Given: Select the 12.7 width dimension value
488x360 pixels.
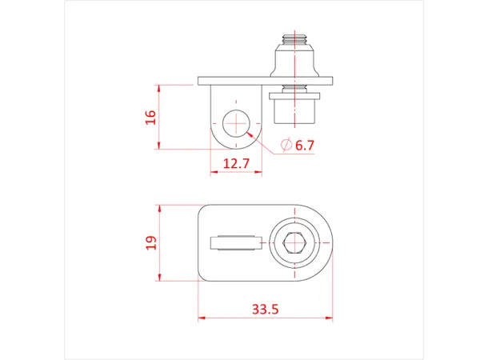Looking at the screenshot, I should point(236,163).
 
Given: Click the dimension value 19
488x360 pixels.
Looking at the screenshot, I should point(150,242).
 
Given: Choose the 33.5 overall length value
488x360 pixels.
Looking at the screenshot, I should point(264,309).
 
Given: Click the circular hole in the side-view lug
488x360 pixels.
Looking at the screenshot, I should point(237,125).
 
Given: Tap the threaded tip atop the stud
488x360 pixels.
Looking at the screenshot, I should point(297,38).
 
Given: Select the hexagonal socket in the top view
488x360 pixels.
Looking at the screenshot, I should point(297,242).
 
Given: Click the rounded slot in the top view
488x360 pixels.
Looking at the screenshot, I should point(234,242).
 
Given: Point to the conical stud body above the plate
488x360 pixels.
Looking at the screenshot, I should point(297,61).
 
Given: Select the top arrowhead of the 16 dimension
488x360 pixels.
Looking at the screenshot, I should point(160,88).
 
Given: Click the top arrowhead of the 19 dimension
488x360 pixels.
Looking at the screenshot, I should point(160,207).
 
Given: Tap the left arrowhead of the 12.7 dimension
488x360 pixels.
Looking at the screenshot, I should point(213,172).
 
